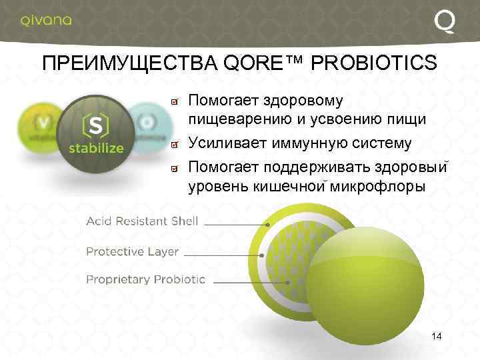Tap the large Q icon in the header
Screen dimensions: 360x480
445,22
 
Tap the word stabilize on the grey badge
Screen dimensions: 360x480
97,148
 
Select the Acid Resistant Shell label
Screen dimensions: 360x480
143,221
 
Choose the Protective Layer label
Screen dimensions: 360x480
132,251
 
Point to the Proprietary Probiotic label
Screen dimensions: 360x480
145,280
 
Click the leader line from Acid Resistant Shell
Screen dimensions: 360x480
233,225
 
